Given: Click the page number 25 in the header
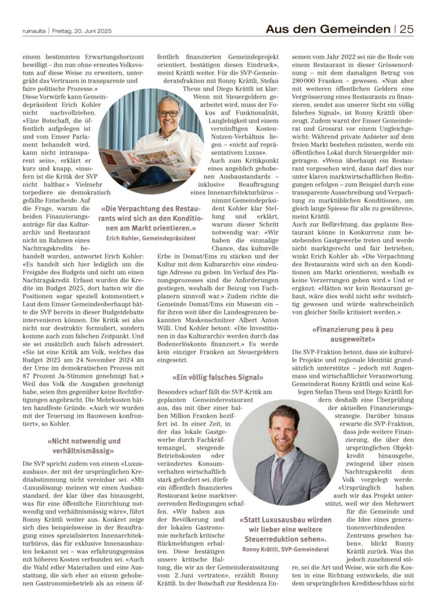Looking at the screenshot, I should pyautogui.click(x=406, y=28).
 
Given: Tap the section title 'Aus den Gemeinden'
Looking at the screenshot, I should pyautogui.click(x=328, y=28).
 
